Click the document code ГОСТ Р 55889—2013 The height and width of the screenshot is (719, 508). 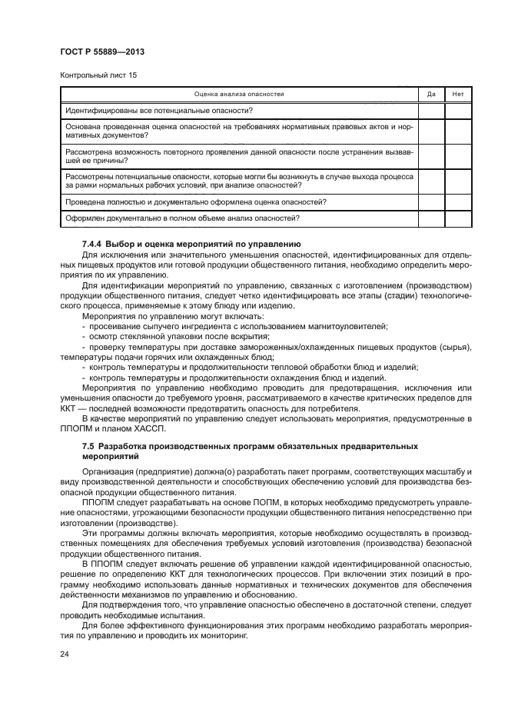(101, 52)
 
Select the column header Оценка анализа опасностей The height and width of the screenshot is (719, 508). (239, 94)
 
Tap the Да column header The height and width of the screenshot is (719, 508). (431, 94)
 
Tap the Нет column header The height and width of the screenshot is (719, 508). (458, 94)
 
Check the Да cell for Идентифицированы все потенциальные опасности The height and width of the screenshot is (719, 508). (431, 111)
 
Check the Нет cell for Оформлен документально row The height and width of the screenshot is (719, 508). (458, 219)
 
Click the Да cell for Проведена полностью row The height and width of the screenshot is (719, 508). (431, 202)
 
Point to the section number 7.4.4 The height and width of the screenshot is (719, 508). (92, 244)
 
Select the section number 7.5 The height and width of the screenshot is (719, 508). (88, 446)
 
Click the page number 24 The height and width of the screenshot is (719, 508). (65, 654)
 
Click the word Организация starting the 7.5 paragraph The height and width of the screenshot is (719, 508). (109, 471)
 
